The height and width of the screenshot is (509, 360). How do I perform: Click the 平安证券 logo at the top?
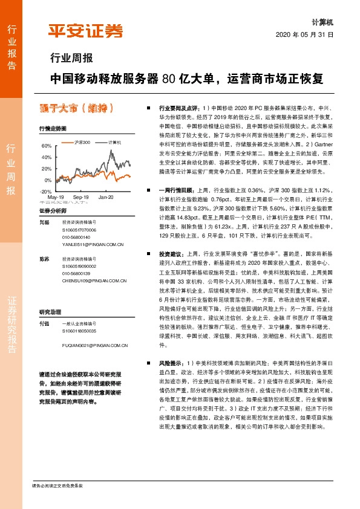85,31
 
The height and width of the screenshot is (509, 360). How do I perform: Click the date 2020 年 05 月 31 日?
305,35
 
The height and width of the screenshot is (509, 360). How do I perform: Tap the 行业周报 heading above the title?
71,59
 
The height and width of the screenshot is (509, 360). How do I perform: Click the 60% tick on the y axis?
47,146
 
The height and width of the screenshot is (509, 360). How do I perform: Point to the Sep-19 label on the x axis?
81,198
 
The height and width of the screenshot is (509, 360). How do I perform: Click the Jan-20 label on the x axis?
106,198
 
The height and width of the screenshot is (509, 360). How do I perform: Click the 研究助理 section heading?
50,296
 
